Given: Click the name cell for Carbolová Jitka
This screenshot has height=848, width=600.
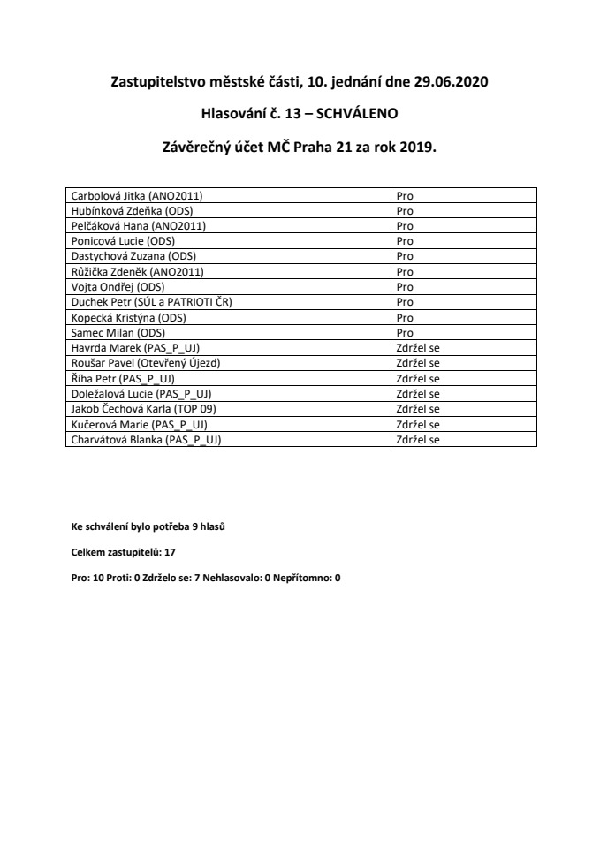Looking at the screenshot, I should (x=229, y=195).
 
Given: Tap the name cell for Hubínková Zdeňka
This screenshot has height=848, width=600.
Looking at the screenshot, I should (x=229, y=210).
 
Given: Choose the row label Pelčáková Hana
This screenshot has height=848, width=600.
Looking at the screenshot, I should (x=229, y=225).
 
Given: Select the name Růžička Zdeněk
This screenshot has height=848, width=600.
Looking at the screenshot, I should (x=229, y=271).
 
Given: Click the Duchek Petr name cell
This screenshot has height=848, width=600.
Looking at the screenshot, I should (x=229, y=302).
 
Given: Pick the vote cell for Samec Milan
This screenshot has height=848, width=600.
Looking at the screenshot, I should (x=463, y=332).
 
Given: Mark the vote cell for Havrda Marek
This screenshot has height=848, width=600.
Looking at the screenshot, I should (x=463, y=348).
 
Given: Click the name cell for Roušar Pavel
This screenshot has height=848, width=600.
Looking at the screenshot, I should (x=229, y=363).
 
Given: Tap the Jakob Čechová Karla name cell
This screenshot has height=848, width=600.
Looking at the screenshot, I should (x=229, y=409).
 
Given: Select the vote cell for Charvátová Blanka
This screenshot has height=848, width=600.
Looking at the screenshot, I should (x=463, y=439).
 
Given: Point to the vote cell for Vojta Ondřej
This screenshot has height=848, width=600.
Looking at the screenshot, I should (x=463, y=287).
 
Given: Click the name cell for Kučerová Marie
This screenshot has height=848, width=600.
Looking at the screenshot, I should (x=229, y=424).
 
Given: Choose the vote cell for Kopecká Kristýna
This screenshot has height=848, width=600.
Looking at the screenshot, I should (x=463, y=317).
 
